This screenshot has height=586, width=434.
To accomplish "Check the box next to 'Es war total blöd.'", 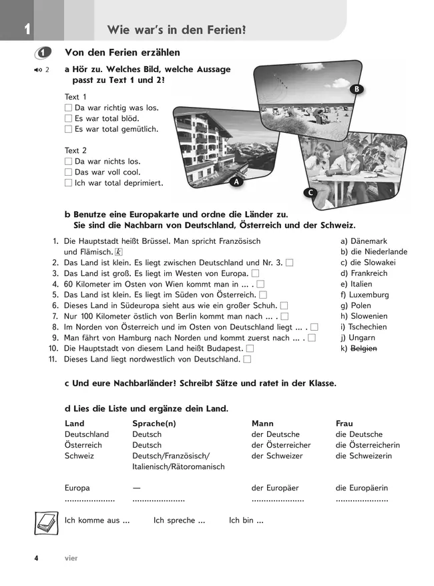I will pyautogui.click(x=68, y=119).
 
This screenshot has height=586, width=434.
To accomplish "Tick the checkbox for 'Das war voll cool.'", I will pyautogui.click(x=68, y=172).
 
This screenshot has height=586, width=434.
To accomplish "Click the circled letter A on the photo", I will pyautogui.click(x=236, y=180).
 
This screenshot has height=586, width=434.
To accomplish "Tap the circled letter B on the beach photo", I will pyautogui.click(x=357, y=89).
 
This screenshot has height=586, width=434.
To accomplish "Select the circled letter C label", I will pyautogui.click(x=309, y=193).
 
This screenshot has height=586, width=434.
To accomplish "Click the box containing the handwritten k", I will pyautogui.click(x=120, y=252).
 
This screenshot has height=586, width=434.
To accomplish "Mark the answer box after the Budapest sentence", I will pyautogui.click(x=250, y=349).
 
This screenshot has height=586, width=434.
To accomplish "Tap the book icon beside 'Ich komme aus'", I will pyautogui.click(x=45, y=521).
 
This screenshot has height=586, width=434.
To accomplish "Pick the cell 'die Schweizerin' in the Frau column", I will pyautogui.click(x=363, y=456).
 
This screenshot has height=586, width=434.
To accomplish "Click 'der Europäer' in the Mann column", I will pyautogui.click(x=276, y=488).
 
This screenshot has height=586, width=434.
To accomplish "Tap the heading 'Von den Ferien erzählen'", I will pyautogui.click(x=122, y=53).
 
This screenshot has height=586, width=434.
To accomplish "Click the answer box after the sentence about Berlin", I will pyautogui.click(x=284, y=316).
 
